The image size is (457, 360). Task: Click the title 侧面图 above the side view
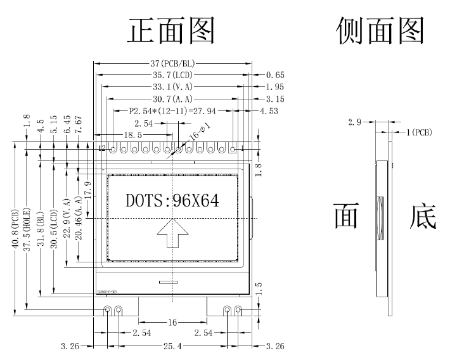(380, 30)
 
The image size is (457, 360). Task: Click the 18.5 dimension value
(132, 135)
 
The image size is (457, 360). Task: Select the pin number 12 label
(102, 148)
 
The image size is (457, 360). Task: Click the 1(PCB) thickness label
(418, 132)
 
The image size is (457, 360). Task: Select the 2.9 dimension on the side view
(354, 122)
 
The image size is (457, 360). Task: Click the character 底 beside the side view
(423, 217)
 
